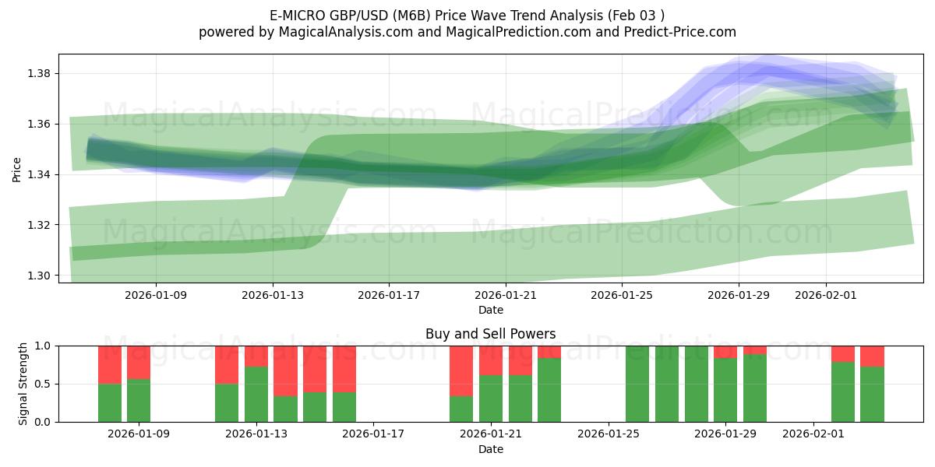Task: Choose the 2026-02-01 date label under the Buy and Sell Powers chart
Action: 813,434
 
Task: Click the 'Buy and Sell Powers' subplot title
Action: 490,334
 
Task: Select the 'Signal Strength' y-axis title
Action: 23,383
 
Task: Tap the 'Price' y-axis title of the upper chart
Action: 17,168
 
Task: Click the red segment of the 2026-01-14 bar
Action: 285,370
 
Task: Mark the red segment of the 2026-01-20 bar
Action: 461,370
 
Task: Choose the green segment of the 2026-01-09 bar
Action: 139,400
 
